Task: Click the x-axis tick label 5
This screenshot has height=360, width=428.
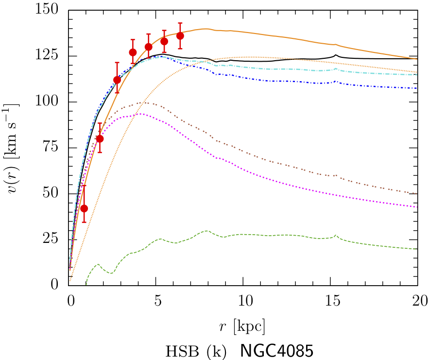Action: [157, 299]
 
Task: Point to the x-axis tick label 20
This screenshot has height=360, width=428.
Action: [418, 299]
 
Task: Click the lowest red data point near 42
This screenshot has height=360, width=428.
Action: [84, 208]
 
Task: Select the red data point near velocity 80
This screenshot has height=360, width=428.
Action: [100, 139]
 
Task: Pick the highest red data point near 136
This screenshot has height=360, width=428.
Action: [180, 36]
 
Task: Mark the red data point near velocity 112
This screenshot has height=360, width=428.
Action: [117, 80]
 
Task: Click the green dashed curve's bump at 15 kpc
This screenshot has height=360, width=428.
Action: [336, 236]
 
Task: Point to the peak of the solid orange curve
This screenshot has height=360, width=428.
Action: [206, 29]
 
